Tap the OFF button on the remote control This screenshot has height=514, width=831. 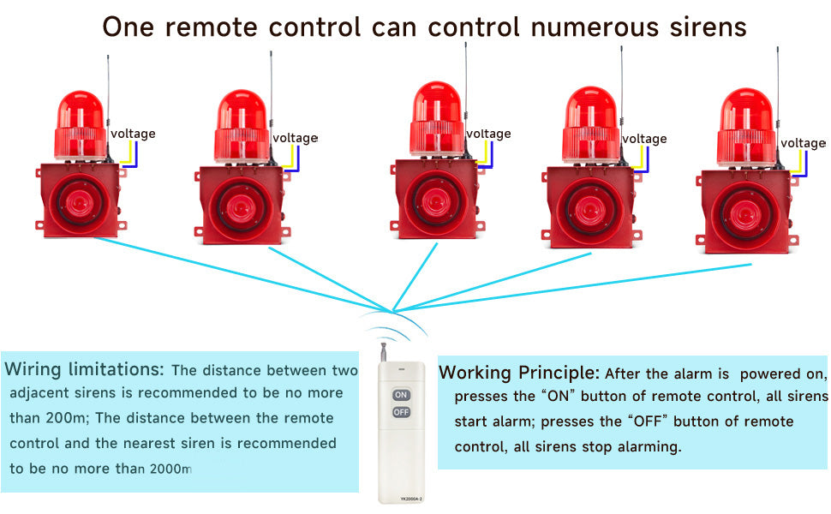tap(401, 412)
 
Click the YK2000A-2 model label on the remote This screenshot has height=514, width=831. tap(401, 497)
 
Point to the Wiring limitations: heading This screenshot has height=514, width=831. tap(84, 370)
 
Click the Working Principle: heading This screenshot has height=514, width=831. tap(519, 374)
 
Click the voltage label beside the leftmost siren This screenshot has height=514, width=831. tap(133, 134)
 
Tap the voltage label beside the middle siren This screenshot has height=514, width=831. tap(488, 134)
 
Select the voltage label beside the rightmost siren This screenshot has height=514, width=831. tap(804, 143)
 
